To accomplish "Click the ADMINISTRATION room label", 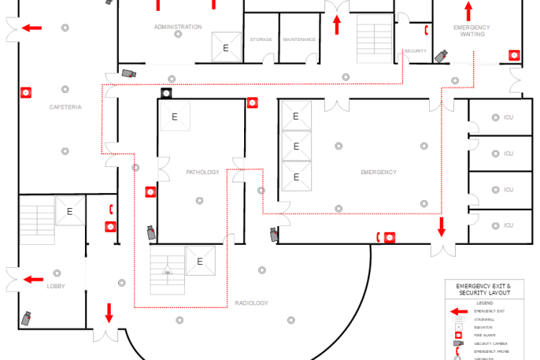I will (x=178, y=27).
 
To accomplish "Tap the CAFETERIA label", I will (x=65, y=107).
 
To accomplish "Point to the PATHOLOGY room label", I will (x=202, y=172).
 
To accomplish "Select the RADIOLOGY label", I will (x=251, y=303).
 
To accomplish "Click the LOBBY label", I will (x=56, y=286).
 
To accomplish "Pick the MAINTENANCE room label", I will (x=300, y=40).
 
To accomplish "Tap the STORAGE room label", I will (x=261, y=40).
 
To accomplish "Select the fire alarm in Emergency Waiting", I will (x=513, y=54).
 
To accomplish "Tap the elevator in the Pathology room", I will (x=174, y=116).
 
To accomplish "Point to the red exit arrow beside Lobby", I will (x=32, y=279).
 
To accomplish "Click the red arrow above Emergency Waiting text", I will (x=468, y=11).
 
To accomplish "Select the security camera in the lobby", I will (x=27, y=318).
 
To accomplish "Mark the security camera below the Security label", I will (x=441, y=55).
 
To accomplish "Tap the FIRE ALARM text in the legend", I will (x=484, y=335).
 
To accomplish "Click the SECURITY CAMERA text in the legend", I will (x=489, y=343).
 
